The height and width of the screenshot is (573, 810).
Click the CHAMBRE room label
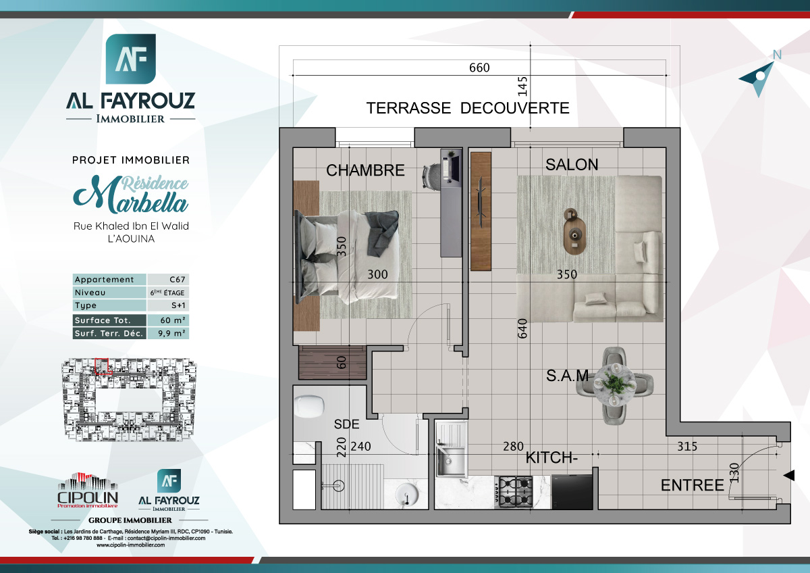click(x=365, y=170)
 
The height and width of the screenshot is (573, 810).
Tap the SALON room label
click(x=572, y=164)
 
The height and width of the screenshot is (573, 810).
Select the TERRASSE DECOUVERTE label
click(x=467, y=108)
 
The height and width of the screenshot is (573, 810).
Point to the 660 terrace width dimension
click(x=479, y=68)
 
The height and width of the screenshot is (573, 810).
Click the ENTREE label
click(x=692, y=485)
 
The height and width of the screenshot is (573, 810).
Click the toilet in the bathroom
click(x=310, y=406)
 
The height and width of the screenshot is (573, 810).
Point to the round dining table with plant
click(x=615, y=384)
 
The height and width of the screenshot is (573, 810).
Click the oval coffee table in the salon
click(x=575, y=232)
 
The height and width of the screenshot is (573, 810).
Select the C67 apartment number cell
click(x=168, y=280)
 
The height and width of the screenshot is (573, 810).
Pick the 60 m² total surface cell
click(x=168, y=320)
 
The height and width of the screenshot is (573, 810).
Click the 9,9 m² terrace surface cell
click(x=168, y=333)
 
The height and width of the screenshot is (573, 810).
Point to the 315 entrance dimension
click(x=686, y=447)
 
